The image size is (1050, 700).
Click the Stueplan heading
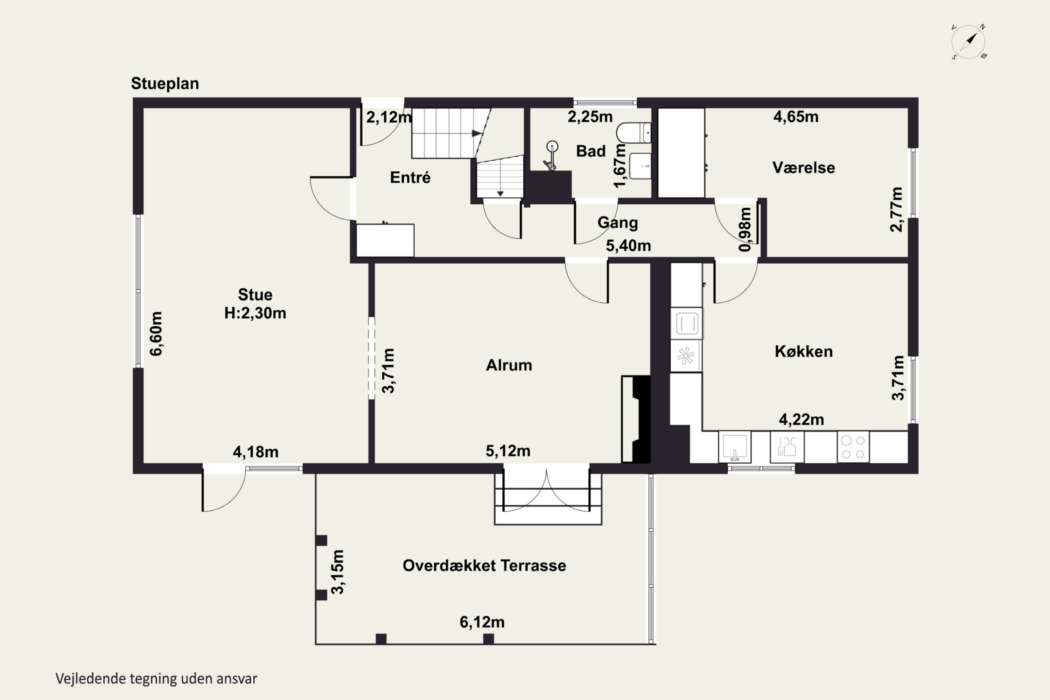coord(165,84)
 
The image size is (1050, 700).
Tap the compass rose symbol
coord(968,42)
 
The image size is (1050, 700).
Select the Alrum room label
coord(509,365)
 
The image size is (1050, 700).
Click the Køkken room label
coord(804,351)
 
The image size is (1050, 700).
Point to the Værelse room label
coord(804,167)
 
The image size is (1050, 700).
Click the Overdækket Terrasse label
coord(484,566)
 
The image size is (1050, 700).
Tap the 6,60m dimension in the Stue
coord(156,334)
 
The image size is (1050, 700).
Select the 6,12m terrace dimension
coord(482,622)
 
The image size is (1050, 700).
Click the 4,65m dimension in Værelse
coord(796,117)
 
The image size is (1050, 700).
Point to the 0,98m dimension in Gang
coord(745,230)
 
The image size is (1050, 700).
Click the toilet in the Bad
coord(634,133)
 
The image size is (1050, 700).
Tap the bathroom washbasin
coord(640,166)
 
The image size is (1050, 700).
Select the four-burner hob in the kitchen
coord(853,447)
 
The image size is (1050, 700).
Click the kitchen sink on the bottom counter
coord(735,447)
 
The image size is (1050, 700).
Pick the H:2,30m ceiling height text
coord(255,313)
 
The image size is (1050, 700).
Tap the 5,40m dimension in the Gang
coord(628,246)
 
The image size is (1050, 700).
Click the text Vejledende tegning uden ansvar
coord(156,679)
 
